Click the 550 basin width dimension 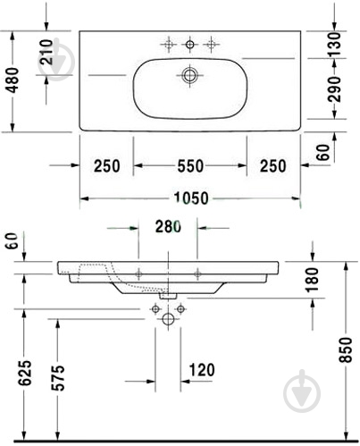[189, 165]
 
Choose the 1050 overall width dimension [189, 198]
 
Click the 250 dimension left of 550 [106, 165]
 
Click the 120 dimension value [204, 368]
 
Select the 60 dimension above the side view [11, 240]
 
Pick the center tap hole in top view [189, 44]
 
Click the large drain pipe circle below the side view [168, 319]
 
